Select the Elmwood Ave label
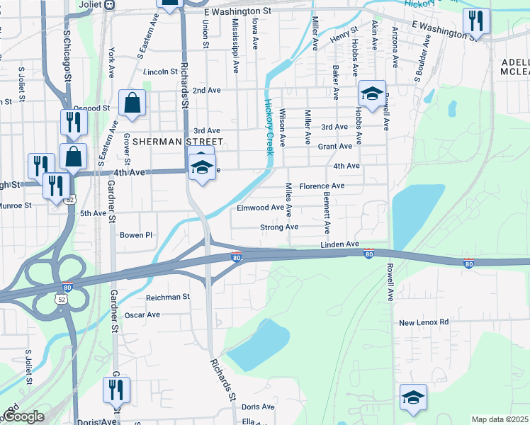tap(260, 208)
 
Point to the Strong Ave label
tap(279, 227)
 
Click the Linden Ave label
tap(339, 244)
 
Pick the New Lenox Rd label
tap(424, 322)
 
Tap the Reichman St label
tap(168, 297)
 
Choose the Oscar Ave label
tap(142, 314)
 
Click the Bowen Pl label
tap(136, 235)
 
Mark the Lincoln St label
tap(160, 72)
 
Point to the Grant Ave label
tap(334, 147)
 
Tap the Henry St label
tap(342, 34)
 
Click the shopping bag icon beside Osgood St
tap(132, 103)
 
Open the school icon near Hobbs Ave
tap(371, 93)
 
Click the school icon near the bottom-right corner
tap(413, 398)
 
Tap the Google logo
tap(23, 417)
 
